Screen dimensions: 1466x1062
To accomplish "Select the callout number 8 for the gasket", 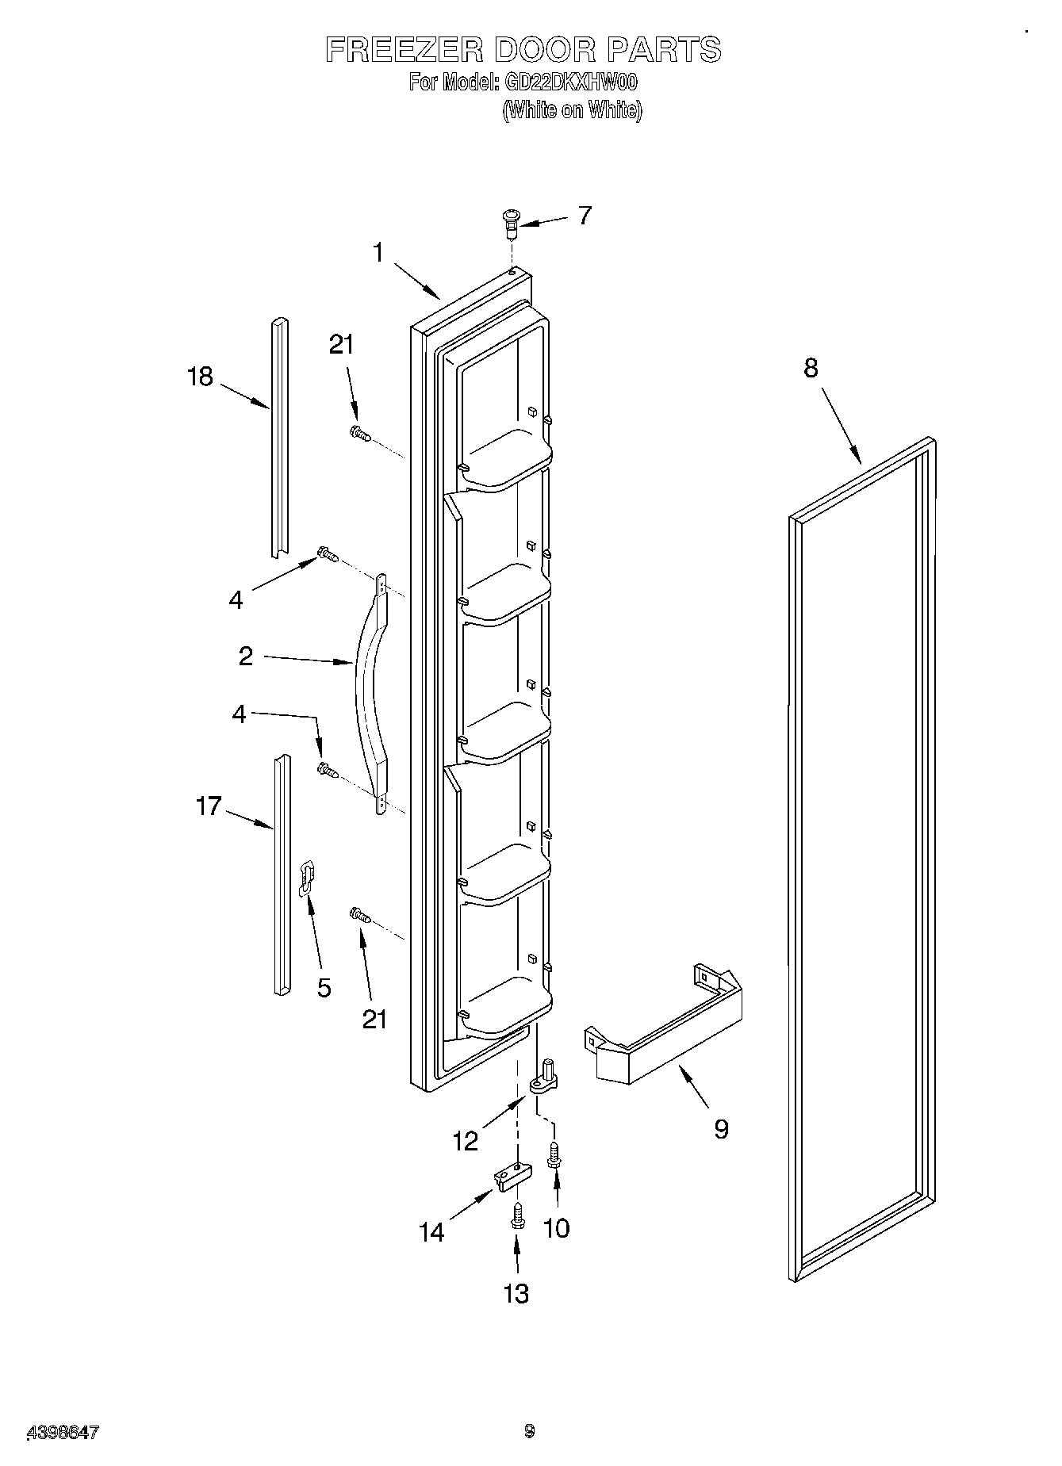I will click(x=811, y=368).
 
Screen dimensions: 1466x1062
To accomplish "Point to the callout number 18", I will click(x=200, y=376).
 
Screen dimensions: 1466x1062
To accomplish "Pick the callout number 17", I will click(x=208, y=807).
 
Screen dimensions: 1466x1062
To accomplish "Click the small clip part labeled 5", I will click(x=307, y=878).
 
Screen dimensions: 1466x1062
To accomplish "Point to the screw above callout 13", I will click(x=517, y=1216).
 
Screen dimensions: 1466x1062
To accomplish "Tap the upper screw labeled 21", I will click(x=360, y=433).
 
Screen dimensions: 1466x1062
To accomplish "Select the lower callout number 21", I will click(x=374, y=1018).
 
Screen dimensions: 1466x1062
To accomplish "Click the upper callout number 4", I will click(x=236, y=599).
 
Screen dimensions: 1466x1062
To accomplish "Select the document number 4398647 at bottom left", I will click(x=63, y=1432).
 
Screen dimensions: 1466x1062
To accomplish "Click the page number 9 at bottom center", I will click(x=529, y=1431).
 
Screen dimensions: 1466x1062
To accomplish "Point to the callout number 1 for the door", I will click(x=378, y=253).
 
